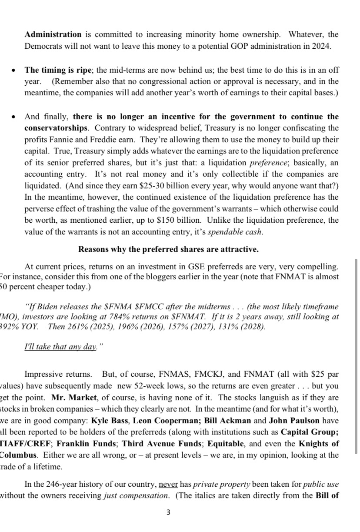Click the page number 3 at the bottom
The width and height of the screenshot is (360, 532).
click(x=168, y=512)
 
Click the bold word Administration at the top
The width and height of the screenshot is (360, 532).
click(x=53, y=34)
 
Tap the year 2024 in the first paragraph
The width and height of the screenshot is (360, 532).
click(x=322, y=47)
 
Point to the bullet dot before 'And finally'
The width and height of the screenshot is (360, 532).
click(x=14, y=117)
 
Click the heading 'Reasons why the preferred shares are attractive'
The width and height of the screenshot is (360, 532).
click(x=168, y=249)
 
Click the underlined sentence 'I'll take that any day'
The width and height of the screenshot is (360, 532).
click(x=60, y=348)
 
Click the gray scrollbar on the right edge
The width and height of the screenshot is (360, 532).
click(x=357, y=357)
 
